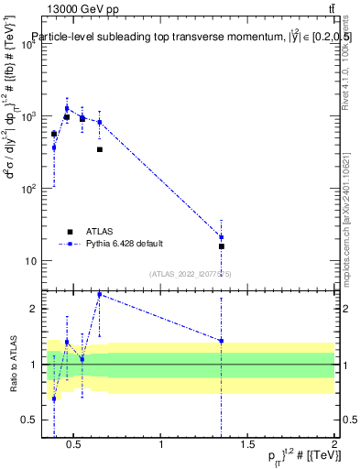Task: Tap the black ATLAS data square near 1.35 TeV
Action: pyautogui.click(x=222, y=246)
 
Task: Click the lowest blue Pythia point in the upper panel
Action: pyautogui.click(x=222, y=237)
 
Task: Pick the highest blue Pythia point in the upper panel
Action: pyautogui.click(x=67, y=108)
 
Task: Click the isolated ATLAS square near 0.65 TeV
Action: pyautogui.click(x=100, y=149)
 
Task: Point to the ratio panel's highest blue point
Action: pyautogui.click(x=100, y=295)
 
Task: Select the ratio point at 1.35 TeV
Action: pyautogui.click(x=222, y=341)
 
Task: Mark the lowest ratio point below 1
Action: pyautogui.click(x=54, y=398)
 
